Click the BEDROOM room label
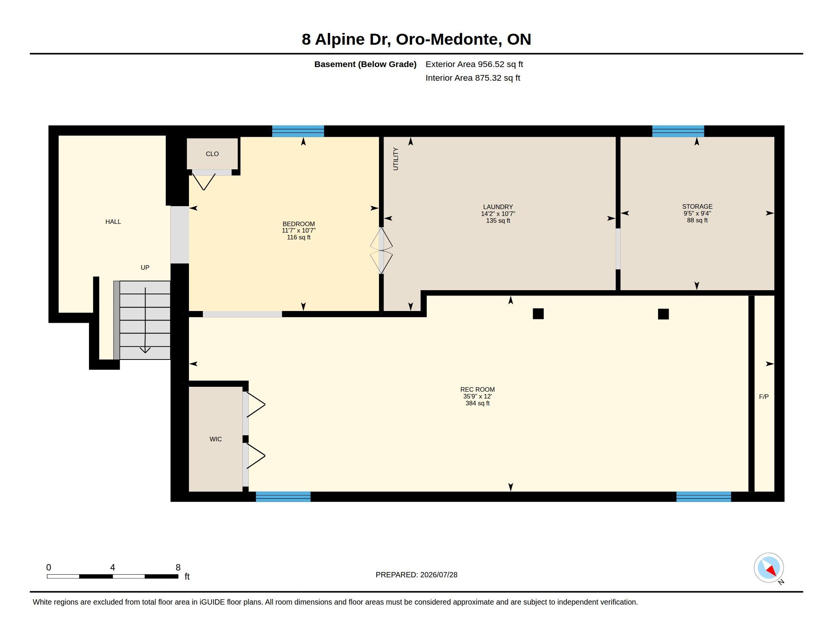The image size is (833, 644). (299, 224)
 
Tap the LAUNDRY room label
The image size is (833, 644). (498, 207)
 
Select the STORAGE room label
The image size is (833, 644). (697, 206)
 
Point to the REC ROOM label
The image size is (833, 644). (477, 389)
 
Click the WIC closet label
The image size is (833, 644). (215, 439)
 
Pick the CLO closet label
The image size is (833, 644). (212, 154)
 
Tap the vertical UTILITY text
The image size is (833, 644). (396, 159)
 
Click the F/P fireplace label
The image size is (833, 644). (764, 397)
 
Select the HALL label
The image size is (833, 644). (113, 222)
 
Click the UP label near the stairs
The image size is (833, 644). (145, 267)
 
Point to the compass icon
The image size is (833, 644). (769, 568)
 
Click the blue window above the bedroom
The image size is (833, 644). (298, 131)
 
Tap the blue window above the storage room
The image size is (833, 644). (678, 131)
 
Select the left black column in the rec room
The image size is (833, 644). (538, 314)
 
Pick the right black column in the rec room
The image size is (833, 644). (663, 314)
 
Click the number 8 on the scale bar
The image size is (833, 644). (178, 567)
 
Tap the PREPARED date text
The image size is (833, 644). (416, 575)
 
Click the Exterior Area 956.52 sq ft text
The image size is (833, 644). (474, 64)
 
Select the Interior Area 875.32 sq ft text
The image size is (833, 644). (473, 78)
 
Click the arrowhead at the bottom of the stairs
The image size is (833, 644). (145, 350)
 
